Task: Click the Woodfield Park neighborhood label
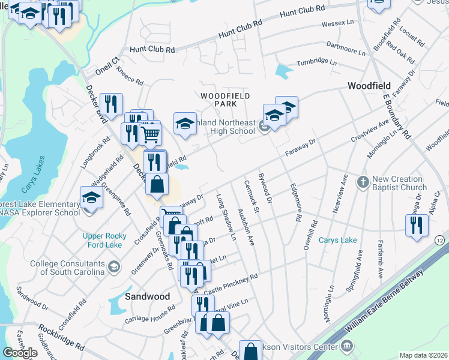pyautogui.click(x=225, y=100)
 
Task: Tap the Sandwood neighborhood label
pyautogui.click(x=147, y=296)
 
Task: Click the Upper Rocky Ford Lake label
pyautogui.click(x=110, y=241)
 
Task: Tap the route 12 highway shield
pyautogui.click(x=440, y=239)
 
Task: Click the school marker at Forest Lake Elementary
pyautogui.click(x=91, y=197)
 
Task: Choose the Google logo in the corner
pyautogui.click(x=20, y=353)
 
